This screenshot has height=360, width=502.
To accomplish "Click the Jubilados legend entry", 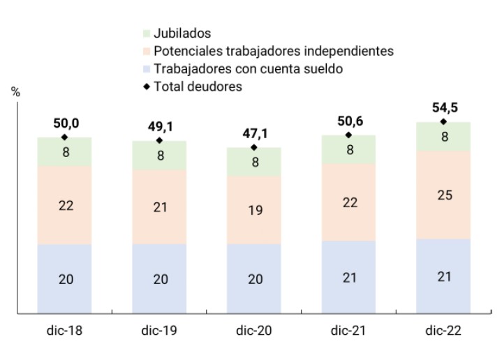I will coord(182,33).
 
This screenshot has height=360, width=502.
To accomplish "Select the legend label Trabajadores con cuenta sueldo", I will coord(248,68).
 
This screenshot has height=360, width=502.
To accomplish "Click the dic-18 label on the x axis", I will coord(65,330).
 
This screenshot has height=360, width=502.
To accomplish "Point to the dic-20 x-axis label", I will coord(254,330).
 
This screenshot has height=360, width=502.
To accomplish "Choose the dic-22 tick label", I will coord(443,330).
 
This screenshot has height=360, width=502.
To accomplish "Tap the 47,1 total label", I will coord(254,133).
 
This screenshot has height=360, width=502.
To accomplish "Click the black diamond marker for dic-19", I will coord(159,141).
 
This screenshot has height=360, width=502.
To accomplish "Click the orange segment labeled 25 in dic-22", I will coord(443,195).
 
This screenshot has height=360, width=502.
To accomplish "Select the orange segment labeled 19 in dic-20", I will coord(254,210).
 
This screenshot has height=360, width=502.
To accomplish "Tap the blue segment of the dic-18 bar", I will coord(65,279).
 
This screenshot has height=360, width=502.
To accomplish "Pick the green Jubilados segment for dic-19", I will coord(159,156).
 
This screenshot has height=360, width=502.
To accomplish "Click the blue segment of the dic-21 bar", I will coord(348,278).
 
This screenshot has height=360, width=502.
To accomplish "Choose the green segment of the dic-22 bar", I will coord(443,137).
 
